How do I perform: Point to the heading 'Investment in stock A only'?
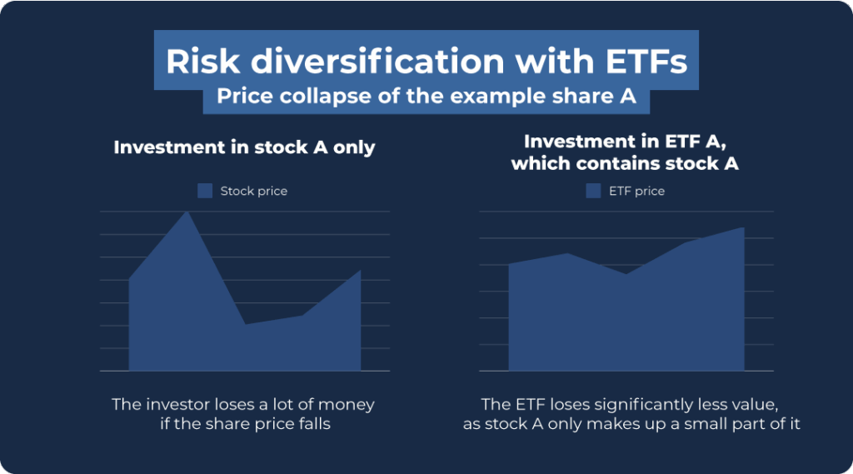(244, 147)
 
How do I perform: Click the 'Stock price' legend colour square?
(205, 191)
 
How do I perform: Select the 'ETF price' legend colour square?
(593, 191)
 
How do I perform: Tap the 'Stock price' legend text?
(253, 191)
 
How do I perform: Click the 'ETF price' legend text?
(636, 191)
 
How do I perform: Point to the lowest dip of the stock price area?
(245, 324)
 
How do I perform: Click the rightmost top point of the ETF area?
(743, 227)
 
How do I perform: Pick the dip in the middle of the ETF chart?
(626, 274)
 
